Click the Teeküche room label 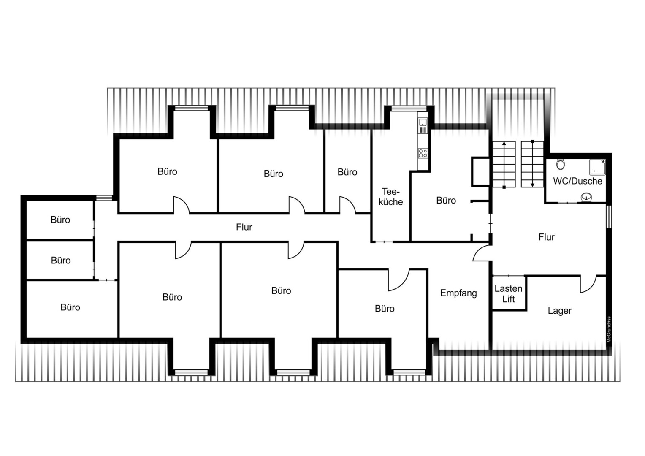tap(391, 197)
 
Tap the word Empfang tap(458, 293)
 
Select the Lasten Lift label tap(509, 294)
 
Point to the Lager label tap(560, 311)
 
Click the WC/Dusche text tap(577, 181)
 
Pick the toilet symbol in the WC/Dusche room tap(560, 164)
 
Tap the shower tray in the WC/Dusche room tap(597, 167)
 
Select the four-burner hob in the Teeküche tap(423, 153)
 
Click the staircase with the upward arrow tap(504, 165)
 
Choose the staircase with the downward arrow tap(532, 164)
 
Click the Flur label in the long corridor tap(244, 227)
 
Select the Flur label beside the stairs tap(547, 237)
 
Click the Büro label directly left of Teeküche tap(347, 172)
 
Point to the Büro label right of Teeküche tap(446, 201)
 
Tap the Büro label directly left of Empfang tap(385, 309)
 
